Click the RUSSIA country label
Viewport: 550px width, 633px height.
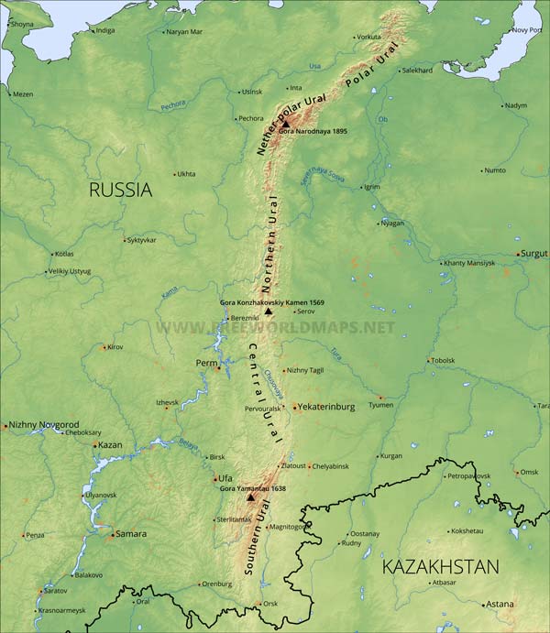click(x=120, y=191)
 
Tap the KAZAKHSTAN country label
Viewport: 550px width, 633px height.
click(x=440, y=566)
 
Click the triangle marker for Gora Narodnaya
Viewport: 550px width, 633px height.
click(x=285, y=123)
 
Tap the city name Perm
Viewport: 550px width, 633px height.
click(x=206, y=364)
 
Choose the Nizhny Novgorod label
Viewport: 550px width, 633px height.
click(x=44, y=425)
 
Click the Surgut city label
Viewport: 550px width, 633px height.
click(x=534, y=254)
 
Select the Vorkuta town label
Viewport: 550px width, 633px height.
click(x=368, y=37)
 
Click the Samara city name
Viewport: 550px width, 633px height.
click(x=129, y=534)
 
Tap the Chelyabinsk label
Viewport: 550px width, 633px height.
click(x=330, y=466)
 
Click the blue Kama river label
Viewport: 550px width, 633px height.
click(x=169, y=293)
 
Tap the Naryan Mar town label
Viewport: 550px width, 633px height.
click(x=183, y=32)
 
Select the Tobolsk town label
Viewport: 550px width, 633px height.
click(x=443, y=360)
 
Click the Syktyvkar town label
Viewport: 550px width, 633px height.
click(x=141, y=240)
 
